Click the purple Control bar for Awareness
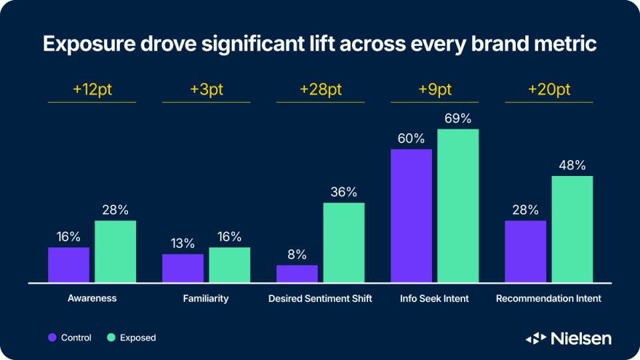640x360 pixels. point(69,265)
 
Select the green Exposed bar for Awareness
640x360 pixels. point(115,251)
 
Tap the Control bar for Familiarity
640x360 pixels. point(183,268)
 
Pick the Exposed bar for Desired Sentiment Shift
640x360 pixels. point(344,243)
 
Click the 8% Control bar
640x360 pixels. point(297,273)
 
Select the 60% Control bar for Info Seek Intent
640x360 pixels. point(411,215)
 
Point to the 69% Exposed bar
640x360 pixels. point(458,206)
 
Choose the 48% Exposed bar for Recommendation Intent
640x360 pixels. point(572,229)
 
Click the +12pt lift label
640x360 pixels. point(92,89)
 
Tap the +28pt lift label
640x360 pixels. point(321,89)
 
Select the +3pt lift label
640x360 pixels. point(207,89)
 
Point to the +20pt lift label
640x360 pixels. point(549,89)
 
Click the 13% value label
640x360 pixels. point(183,244)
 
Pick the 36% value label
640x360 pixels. point(344,192)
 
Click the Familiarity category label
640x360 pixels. point(206,299)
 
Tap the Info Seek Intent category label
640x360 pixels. point(434,299)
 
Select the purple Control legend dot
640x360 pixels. point(52,337)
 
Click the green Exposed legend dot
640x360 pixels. point(111,337)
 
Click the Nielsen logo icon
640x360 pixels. point(536,339)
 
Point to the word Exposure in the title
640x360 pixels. point(89,44)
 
